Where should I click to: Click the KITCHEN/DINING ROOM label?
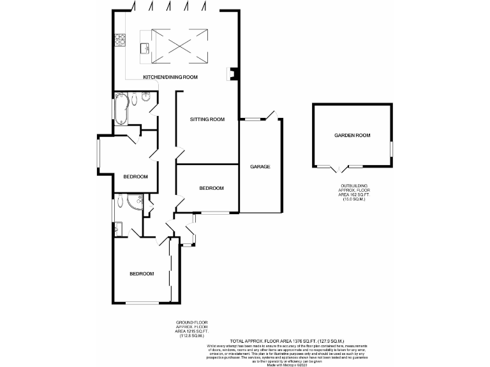170,77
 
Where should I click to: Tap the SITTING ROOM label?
208,119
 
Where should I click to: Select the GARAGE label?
260,167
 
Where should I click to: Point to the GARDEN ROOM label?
353,135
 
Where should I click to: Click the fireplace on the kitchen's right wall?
232,75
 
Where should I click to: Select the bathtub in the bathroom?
121,108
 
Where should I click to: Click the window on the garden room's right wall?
391,148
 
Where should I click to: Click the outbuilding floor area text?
353,193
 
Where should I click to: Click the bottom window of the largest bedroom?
142,302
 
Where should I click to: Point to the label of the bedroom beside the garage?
211,188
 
